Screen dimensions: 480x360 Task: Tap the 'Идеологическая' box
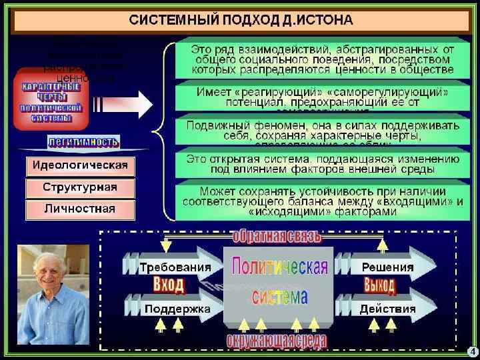(x=80, y=165)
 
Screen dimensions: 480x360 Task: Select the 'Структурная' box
(x=80, y=187)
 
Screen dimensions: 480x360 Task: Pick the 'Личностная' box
(x=80, y=209)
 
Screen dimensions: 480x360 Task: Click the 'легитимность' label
(x=83, y=141)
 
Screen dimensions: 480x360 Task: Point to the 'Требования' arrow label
(x=175, y=267)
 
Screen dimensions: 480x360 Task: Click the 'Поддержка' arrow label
(x=177, y=309)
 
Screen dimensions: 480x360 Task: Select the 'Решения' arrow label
(x=387, y=267)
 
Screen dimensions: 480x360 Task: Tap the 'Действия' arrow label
(x=387, y=309)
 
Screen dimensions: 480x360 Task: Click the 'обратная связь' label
(x=276, y=236)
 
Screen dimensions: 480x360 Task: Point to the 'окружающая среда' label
(x=276, y=341)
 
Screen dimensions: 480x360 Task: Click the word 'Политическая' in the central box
(x=279, y=267)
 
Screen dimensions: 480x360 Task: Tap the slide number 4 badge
(x=472, y=351)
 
